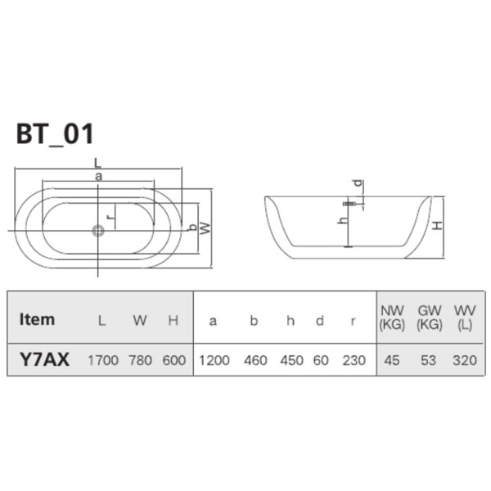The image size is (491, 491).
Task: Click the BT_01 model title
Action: [x=55, y=134]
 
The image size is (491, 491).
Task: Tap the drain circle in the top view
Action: [x=98, y=231]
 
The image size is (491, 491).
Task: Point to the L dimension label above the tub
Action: [x=98, y=163]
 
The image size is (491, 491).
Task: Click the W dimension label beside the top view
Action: [x=205, y=228]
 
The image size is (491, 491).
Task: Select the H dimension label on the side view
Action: [x=437, y=225]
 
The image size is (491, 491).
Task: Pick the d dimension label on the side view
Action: [x=358, y=182]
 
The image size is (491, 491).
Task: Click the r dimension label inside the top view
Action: [x=110, y=217]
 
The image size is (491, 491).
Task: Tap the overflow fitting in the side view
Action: [x=349, y=204]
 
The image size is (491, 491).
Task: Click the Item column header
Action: [x=37, y=319]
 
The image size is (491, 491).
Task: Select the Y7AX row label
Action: [x=44, y=359]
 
